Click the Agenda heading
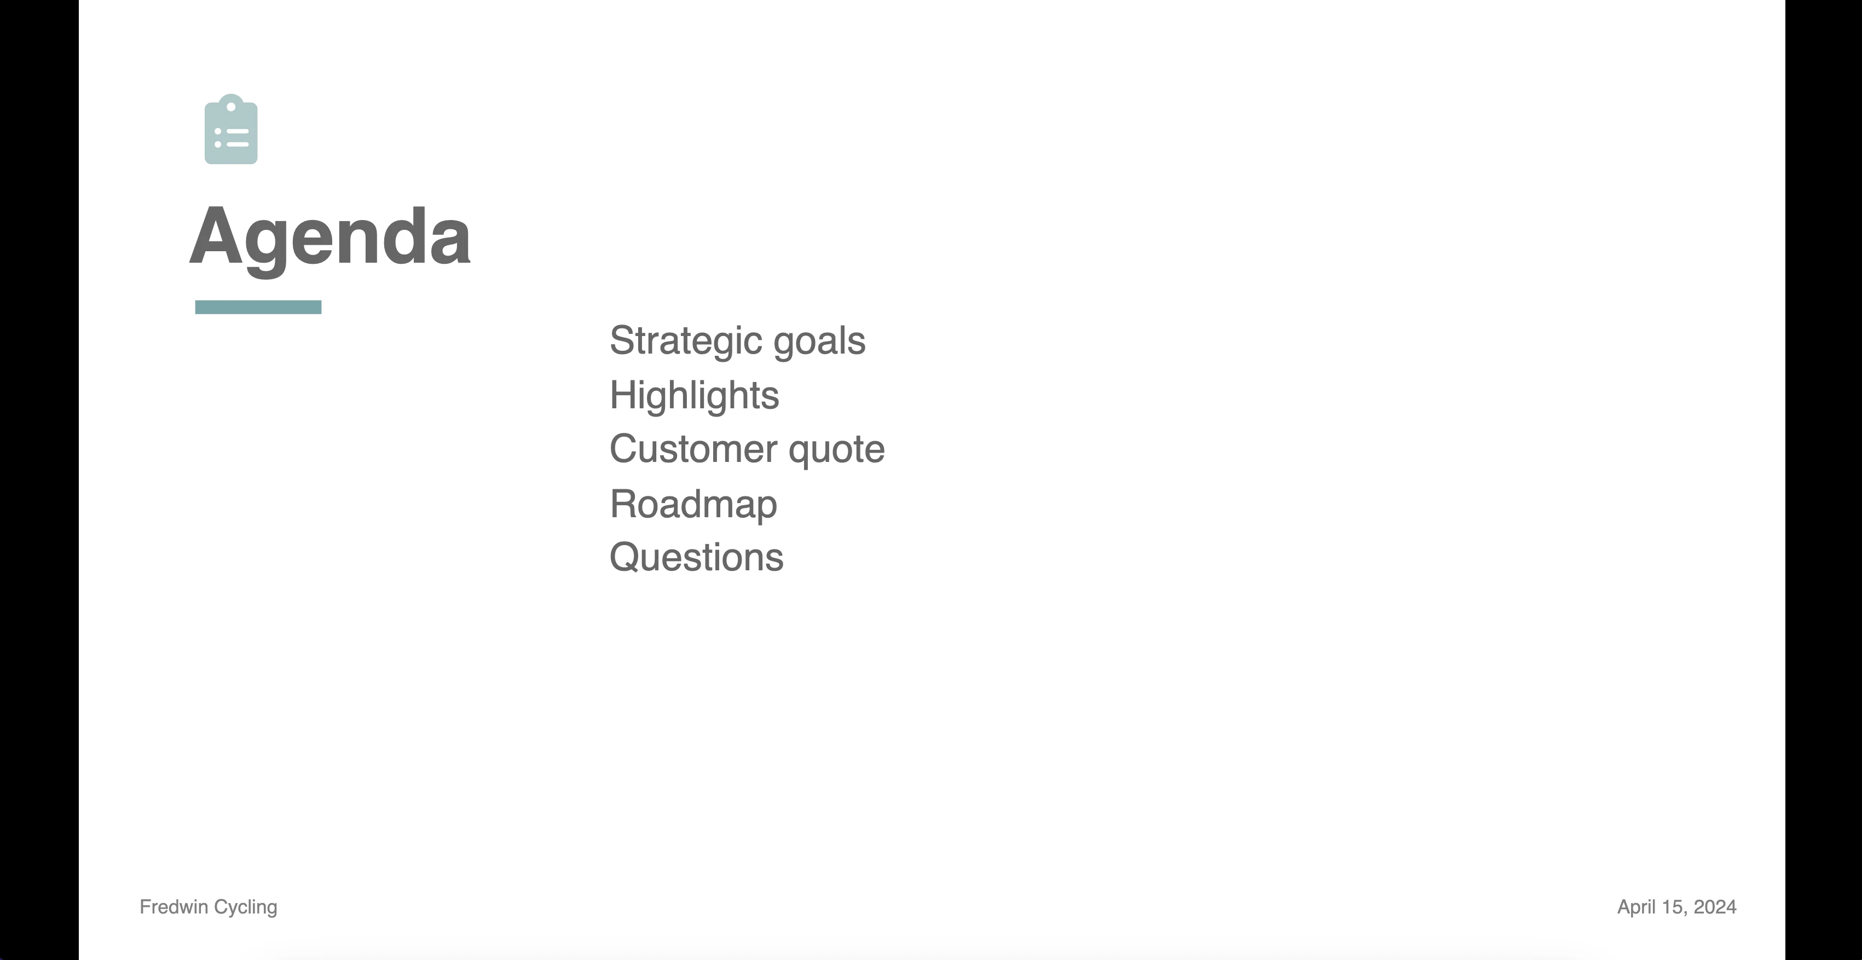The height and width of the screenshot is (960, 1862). coord(329,239)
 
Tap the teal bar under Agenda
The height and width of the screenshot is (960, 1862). coord(258,307)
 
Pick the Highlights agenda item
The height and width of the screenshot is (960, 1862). coord(695,395)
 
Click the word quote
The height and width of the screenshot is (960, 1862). coord(836,450)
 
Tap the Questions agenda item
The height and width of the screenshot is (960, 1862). coord(696,557)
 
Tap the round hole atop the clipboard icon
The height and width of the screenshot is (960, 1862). coord(232,107)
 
